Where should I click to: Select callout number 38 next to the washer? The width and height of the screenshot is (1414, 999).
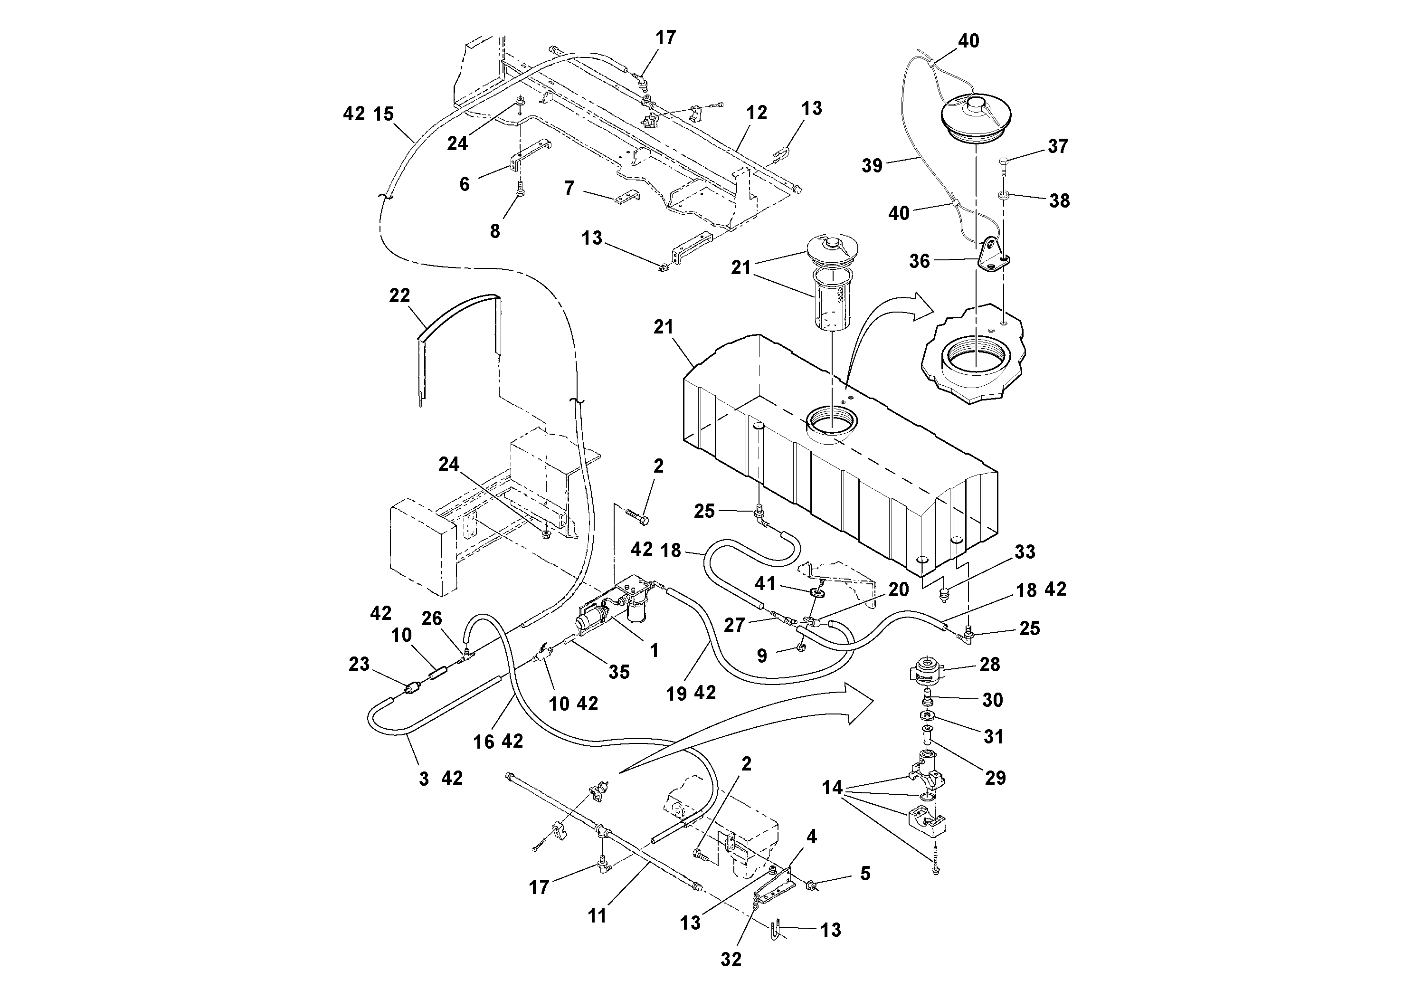point(1059,201)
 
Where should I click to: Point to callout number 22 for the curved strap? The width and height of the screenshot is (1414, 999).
point(399,295)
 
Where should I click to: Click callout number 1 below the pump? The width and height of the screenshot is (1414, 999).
point(654,650)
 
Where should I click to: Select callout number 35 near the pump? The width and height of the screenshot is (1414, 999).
point(619,672)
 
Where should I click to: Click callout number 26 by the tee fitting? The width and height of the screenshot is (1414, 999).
point(432,618)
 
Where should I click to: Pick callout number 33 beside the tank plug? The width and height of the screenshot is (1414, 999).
point(1025,552)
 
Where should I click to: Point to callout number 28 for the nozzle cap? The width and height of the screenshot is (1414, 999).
point(990,665)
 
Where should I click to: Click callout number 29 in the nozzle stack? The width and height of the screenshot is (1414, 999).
point(995,778)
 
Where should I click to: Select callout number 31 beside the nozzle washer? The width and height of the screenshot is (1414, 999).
point(993,737)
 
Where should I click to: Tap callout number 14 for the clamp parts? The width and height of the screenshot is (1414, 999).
point(832,788)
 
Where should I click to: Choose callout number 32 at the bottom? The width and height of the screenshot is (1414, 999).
point(731,959)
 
